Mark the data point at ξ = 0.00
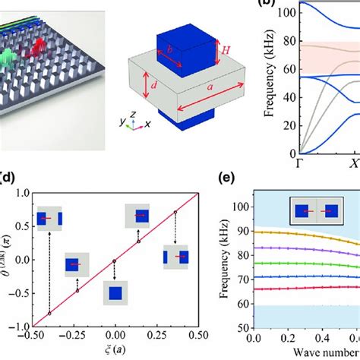[x=115, y=261]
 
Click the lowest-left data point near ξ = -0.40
[x=50, y=313]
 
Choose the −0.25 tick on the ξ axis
[x=74, y=335]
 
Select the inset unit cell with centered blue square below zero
[x=115, y=292]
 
